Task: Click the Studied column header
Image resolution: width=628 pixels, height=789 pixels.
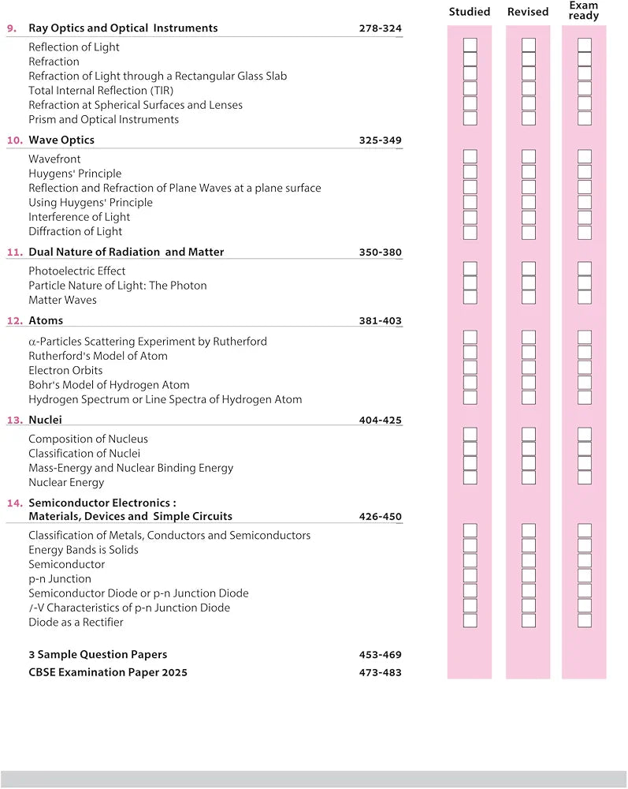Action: coord(470,12)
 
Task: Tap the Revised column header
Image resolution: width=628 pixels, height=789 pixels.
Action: coord(528,12)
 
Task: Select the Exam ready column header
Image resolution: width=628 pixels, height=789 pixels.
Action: coord(584,10)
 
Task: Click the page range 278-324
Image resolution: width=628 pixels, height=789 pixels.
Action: coord(380,28)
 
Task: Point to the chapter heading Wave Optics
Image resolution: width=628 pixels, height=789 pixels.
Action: coord(61,140)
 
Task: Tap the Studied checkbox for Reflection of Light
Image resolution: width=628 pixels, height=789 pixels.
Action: coord(470,45)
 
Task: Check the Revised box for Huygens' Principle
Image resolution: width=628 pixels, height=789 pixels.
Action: coord(529,172)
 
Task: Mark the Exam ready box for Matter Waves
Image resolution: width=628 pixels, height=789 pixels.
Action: coord(585,298)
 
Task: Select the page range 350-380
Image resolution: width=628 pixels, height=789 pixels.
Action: coord(380,252)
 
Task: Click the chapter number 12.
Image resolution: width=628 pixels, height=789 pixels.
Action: coord(14,321)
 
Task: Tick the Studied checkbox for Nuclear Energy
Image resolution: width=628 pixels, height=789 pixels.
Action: coord(470,478)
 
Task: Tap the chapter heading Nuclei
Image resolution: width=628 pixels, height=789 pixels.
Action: coord(45,421)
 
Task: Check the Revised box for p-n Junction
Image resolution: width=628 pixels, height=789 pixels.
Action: coord(529,576)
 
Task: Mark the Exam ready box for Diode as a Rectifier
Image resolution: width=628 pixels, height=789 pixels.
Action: coord(585,621)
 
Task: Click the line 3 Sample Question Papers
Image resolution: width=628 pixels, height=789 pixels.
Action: coord(98,655)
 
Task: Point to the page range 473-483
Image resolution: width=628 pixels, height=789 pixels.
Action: coord(380,673)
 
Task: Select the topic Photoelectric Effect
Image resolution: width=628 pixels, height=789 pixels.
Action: coord(76,271)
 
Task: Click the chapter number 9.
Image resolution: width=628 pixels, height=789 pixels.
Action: coord(12,28)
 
